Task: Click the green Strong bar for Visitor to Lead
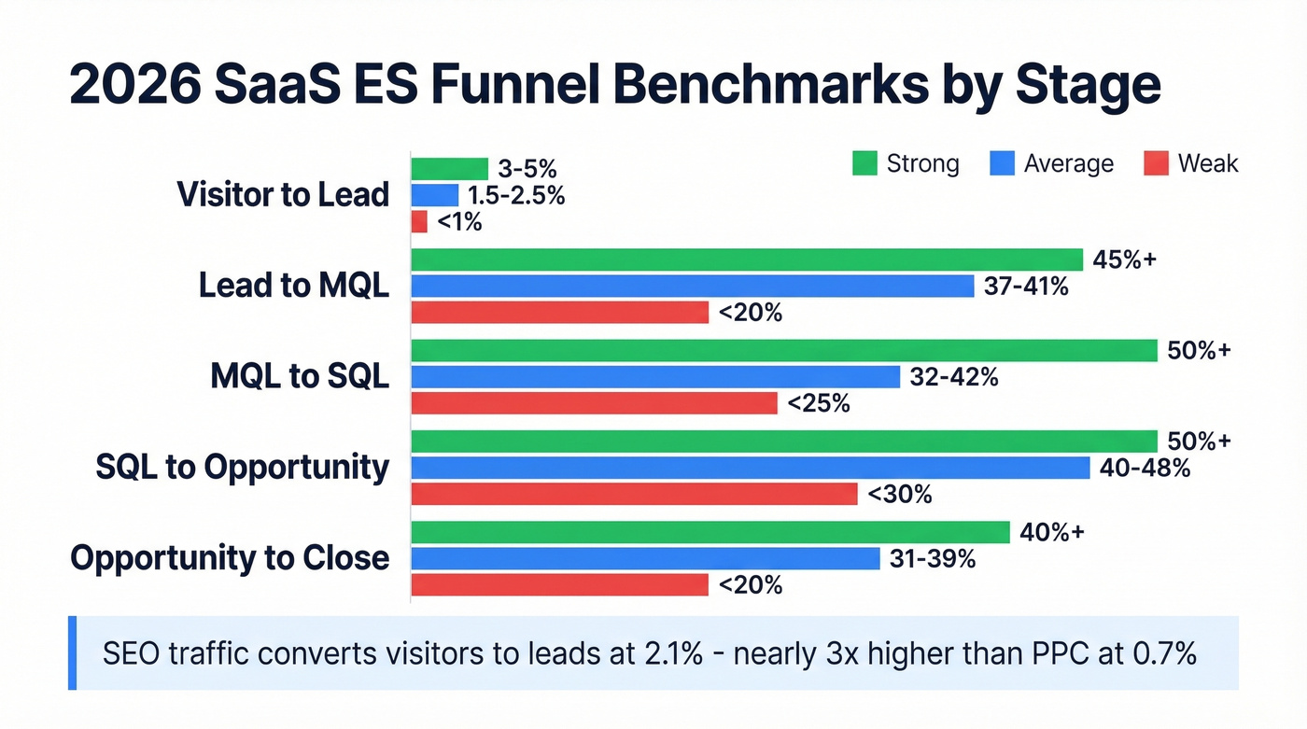coord(449,169)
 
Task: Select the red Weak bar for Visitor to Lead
coord(419,222)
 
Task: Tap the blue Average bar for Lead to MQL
coord(692,287)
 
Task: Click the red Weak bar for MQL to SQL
coord(594,403)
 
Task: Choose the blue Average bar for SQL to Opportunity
coord(750,468)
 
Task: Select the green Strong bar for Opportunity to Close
coord(710,532)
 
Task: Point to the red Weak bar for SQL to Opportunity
coord(634,494)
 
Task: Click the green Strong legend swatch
coord(864,164)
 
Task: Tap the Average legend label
coord(1068,164)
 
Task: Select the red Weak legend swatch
coord(1156,164)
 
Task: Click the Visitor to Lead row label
coord(283,195)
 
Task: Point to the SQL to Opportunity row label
coord(242,468)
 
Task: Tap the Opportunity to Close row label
coord(230,558)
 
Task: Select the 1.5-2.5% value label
coord(516,196)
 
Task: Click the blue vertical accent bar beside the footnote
coord(72,652)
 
